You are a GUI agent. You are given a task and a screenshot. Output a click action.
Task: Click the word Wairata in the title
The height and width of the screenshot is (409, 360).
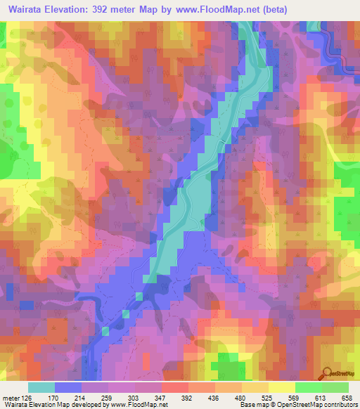(26, 9)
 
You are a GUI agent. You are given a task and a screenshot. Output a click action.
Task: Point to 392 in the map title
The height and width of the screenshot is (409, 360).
(108, 9)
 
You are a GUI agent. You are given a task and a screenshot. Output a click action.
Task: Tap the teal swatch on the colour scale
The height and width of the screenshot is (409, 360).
(41, 387)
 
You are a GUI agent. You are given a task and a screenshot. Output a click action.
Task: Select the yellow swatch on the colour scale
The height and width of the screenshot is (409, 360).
(281, 387)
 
